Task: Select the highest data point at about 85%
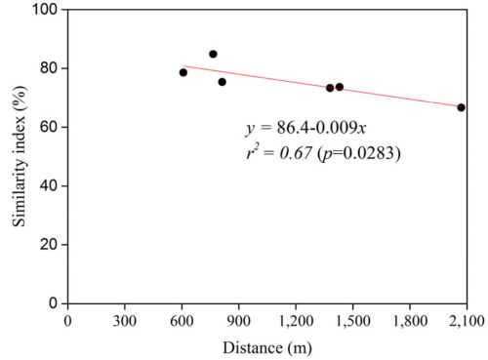point(213,54)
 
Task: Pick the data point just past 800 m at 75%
point(222,82)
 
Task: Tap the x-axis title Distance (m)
point(266,346)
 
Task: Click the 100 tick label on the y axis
point(46,10)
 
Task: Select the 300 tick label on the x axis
point(124,320)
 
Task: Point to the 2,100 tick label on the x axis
point(466,320)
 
